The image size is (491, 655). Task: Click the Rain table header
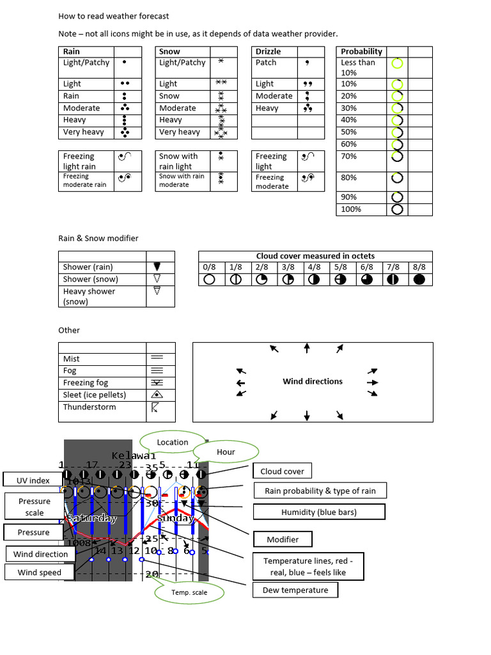tap(72, 52)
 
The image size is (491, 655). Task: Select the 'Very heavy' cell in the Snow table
tap(180, 132)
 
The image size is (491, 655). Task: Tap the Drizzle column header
tap(268, 52)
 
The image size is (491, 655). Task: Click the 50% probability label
tap(349, 132)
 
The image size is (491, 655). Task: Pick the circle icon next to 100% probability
tap(397, 209)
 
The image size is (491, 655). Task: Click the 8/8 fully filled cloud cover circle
tap(419, 280)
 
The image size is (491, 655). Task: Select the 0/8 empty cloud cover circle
tap(209, 280)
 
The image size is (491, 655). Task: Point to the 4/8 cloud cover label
tap(314, 267)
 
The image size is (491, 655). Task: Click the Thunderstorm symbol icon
tap(155, 407)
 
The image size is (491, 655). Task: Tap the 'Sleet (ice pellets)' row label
tap(95, 395)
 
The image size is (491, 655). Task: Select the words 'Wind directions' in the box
tap(313, 382)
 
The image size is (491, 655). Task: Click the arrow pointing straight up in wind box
tap(307, 348)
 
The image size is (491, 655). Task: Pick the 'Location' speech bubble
tap(173, 442)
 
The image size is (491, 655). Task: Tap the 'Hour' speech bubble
tap(226, 452)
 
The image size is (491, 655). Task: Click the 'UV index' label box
tap(33, 480)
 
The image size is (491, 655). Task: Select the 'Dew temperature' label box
tap(295, 590)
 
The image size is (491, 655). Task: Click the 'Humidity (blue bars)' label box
tap(319, 512)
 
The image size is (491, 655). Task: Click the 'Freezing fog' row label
tap(86, 383)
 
